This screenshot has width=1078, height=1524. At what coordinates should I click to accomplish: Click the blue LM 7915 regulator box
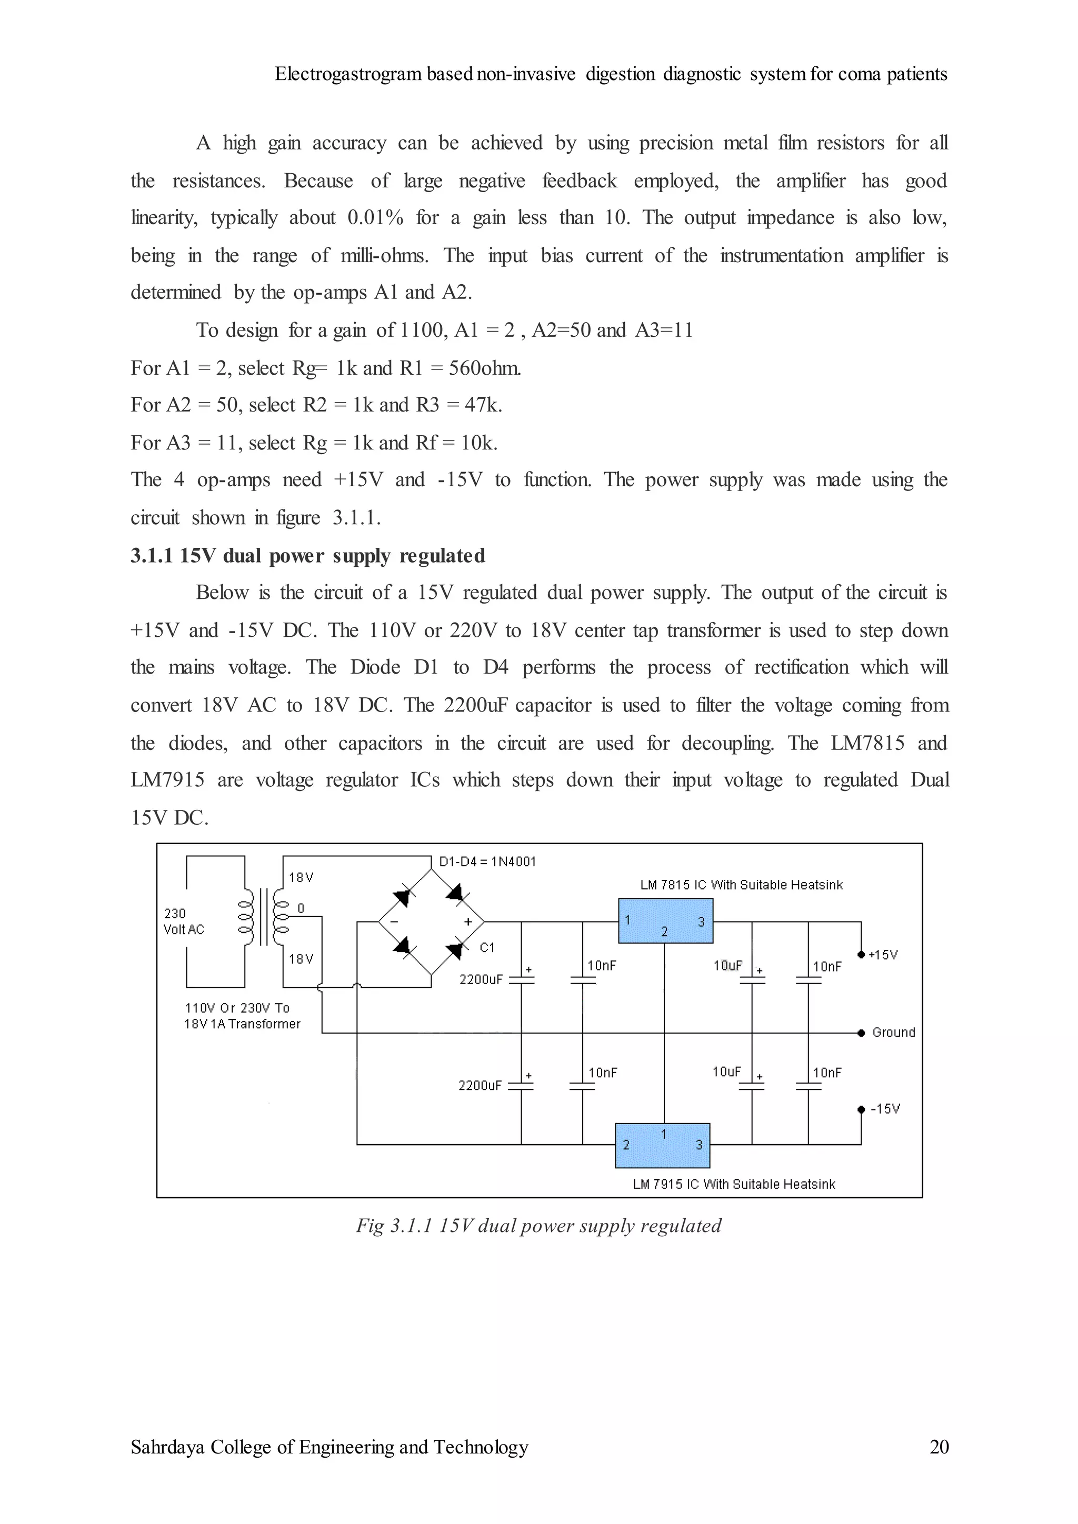(x=663, y=1145)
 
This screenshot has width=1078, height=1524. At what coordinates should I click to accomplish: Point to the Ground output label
(x=893, y=1032)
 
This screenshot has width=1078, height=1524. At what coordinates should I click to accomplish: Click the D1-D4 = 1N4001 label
(x=487, y=861)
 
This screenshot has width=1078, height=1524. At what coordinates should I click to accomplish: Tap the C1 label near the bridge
(x=487, y=947)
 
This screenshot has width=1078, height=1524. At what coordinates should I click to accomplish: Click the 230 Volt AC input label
(x=183, y=921)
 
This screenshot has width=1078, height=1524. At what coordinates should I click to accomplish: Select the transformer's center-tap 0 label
(x=301, y=908)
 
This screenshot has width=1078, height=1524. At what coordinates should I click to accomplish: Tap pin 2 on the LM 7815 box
(x=664, y=932)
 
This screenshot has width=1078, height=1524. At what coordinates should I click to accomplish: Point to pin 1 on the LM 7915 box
(x=663, y=1135)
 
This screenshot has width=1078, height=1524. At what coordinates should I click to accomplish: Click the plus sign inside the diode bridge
(x=467, y=921)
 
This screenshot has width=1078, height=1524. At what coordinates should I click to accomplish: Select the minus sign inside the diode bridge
(x=394, y=921)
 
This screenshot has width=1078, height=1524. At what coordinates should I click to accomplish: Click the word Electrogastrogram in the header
(x=348, y=74)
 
